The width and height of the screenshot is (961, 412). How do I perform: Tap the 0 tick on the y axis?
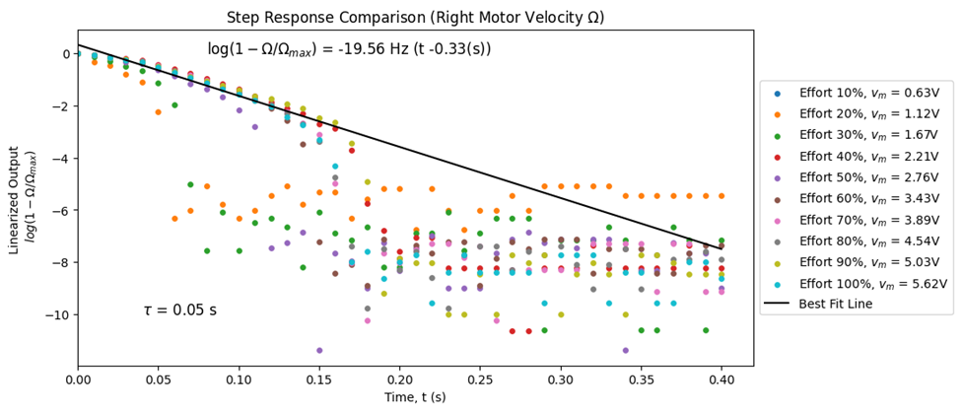click(x=65, y=53)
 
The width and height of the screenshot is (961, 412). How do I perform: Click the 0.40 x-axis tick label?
click(x=721, y=379)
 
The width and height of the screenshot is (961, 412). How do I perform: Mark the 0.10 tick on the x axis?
click(x=239, y=379)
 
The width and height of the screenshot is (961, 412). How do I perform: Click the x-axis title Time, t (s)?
click(x=399, y=396)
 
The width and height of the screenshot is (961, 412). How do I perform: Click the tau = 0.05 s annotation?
click(x=179, y=310)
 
